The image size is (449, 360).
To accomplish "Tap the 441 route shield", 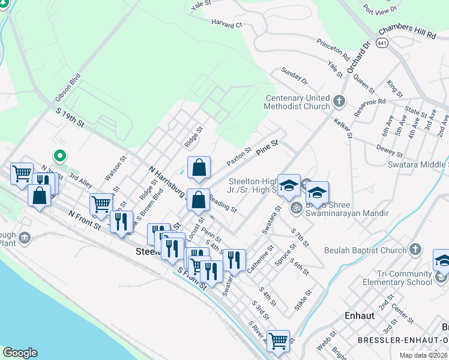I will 382,43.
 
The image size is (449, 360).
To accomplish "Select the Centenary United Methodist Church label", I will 298,102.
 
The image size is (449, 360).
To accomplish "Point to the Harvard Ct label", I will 226,25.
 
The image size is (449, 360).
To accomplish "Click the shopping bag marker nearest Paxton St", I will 199,167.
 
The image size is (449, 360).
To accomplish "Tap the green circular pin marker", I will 59,156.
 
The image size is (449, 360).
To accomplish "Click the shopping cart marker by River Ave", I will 278,341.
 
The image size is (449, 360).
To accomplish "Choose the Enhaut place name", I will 360,315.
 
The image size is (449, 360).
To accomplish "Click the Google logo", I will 20,353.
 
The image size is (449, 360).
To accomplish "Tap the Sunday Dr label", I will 294,77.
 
